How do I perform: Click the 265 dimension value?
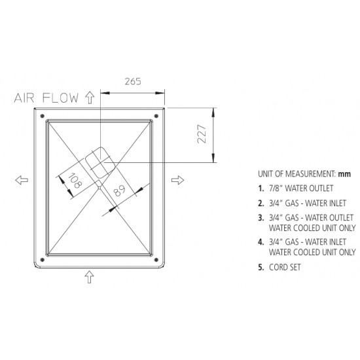click(133, 82)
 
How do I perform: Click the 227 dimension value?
click(202, 134)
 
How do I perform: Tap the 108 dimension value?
click(75, 181)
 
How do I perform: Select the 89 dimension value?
click(120, 190)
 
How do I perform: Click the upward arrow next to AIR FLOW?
click(90, 98)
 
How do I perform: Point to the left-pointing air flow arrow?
click(22, 180)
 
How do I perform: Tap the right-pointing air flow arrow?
click(177, 180)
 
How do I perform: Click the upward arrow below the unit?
click(89, 277)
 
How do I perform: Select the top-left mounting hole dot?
click(43, 116)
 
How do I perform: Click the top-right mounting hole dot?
click(156, 116)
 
